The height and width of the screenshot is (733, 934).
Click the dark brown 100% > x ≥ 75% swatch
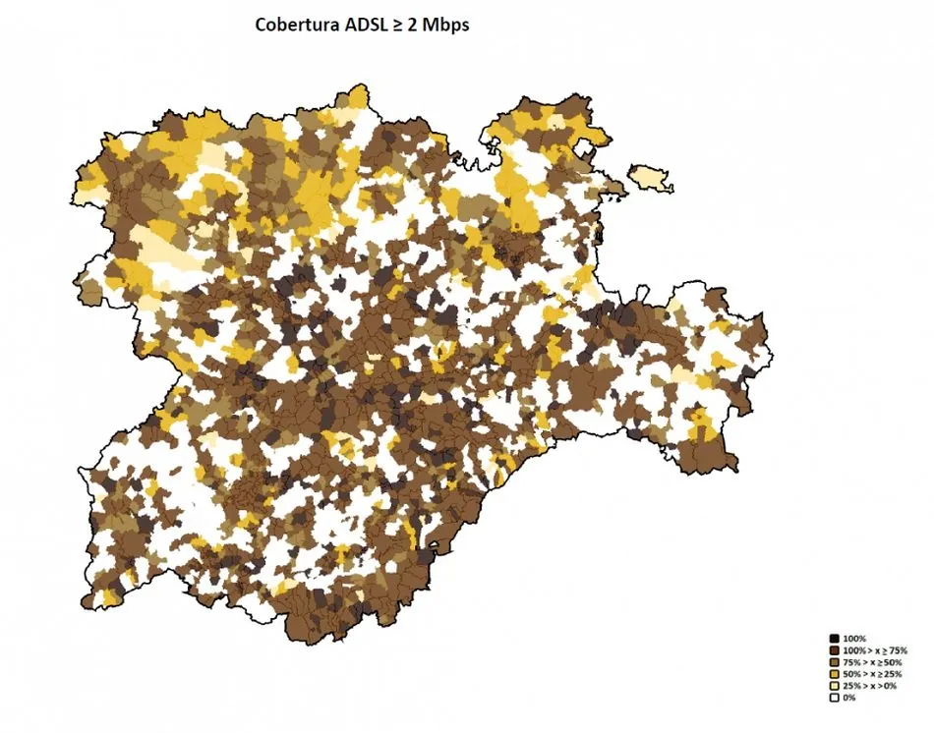point(833,650)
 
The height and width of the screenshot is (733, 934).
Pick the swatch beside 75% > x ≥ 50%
point(833,662)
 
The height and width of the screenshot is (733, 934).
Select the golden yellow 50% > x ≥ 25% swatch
point(833,674)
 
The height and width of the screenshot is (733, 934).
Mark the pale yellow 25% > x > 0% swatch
point(833,686)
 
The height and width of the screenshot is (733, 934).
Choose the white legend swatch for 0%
point(833,698)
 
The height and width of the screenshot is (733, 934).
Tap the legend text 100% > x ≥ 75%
point(875,650)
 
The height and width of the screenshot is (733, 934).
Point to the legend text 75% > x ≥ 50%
point(873,662)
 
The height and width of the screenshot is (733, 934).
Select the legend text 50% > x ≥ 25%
point(873,674)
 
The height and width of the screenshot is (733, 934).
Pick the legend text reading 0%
point(850,698)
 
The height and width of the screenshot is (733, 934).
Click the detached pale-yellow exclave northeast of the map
point(650,178)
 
